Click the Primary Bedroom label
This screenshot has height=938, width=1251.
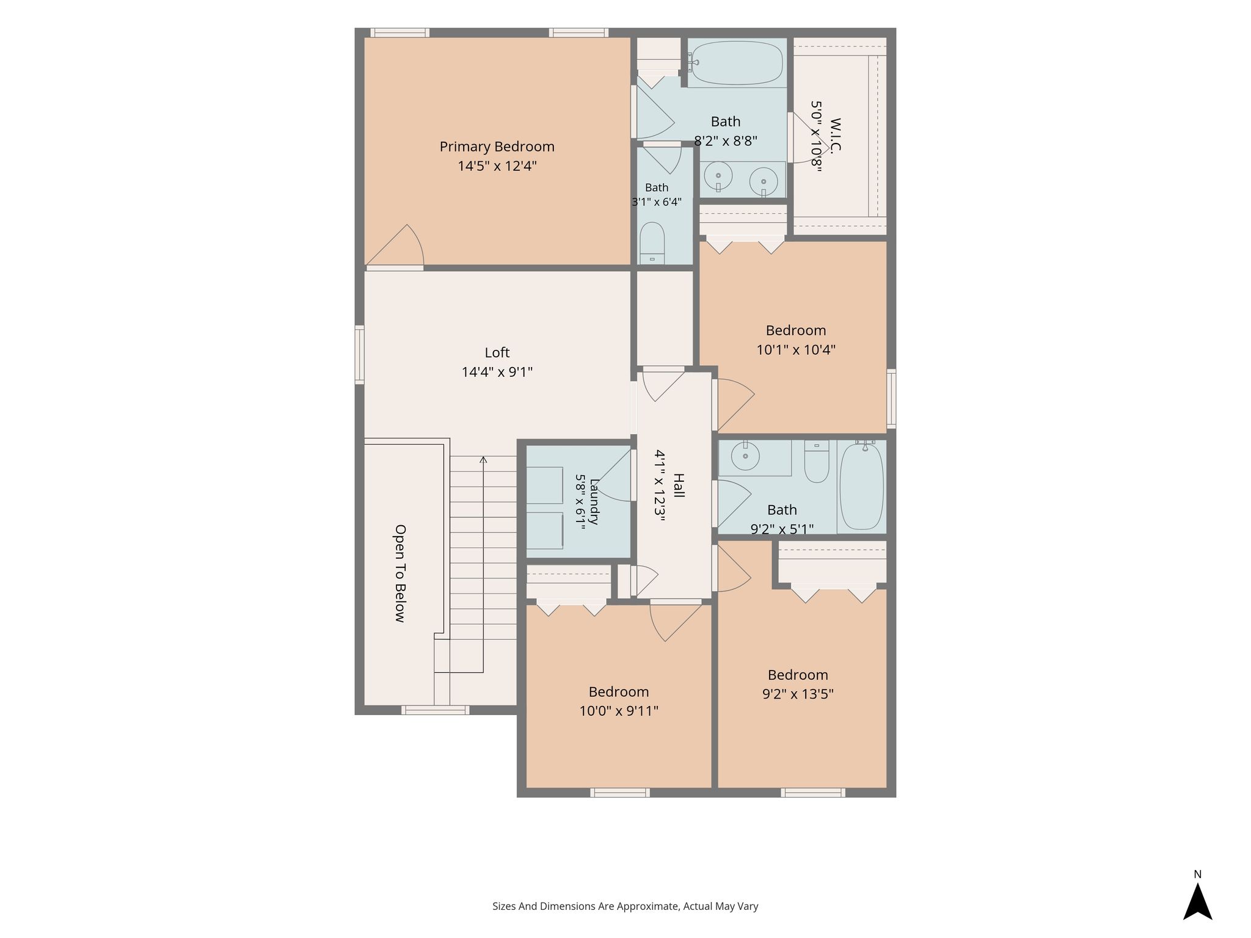click(x=497, y=147)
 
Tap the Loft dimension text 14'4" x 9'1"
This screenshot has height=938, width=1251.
click(x=497, y=372)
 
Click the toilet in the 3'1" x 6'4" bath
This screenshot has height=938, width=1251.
click(x=652, y=242)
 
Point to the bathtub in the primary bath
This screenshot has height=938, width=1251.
click(x=737, y=63)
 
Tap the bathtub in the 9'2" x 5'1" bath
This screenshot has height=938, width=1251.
click(x=861, y=487)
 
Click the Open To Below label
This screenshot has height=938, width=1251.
click(x=400, y=573)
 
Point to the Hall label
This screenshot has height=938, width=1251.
click(x=678, y=485)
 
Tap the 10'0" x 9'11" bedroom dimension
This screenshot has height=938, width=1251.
click(x=619, y=711)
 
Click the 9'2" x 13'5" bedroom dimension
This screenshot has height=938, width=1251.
click(x=798, y=694)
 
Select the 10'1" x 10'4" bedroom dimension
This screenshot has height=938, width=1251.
click(x=796, y=350)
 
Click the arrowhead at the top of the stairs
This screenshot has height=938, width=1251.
click(x=483, y=459)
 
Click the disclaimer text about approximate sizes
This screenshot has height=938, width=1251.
click(x=625, y=906)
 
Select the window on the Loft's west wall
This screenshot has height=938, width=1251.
click(x=360, y=355)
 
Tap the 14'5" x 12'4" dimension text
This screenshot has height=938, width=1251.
click(x=497, y=166)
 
